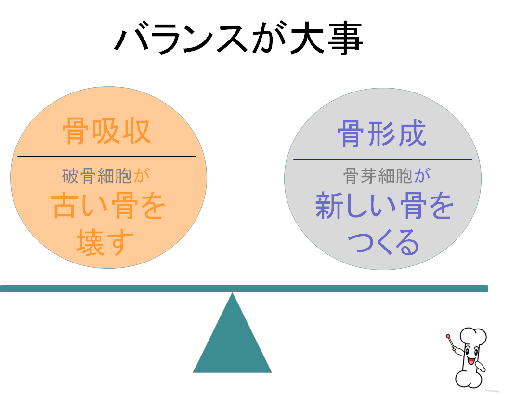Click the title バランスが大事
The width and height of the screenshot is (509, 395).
pos(238,38)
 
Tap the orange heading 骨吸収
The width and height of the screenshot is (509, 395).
pos(106,131)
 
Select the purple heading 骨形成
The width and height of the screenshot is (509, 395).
pos(382,133)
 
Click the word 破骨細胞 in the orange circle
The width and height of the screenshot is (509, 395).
pos(97,176)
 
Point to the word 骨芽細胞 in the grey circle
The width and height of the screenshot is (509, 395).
pos(378,176)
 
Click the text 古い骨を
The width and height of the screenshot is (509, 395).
pos(108,208)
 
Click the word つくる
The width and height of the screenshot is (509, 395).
pos(383,243)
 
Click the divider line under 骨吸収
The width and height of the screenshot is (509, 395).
pos(106,156)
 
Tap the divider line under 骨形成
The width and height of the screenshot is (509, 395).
pos(382,159)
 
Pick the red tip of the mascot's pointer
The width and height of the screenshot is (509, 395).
pos(448,336)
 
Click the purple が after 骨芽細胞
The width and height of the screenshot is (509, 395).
pos(422,176)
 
